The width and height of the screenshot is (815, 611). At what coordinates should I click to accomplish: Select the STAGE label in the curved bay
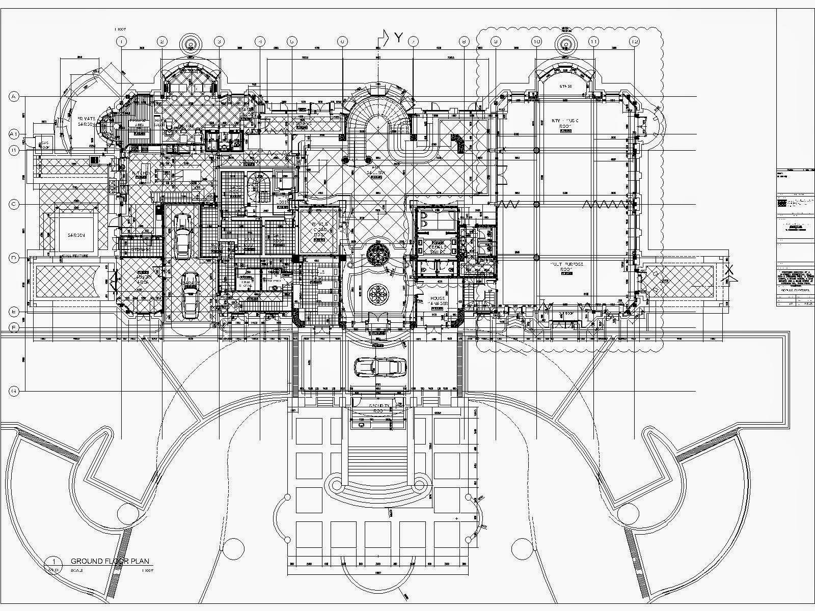click(565, 87)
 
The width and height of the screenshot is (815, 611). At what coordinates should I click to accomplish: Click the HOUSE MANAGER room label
click(438, 301)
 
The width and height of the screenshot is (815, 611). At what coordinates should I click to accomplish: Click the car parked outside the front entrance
click(380, 366)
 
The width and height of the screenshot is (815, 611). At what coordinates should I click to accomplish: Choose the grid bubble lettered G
click(14, 391)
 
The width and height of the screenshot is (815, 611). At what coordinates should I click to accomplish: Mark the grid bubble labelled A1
click(14, 134)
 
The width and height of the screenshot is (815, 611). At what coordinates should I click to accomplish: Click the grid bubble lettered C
click(14, 204)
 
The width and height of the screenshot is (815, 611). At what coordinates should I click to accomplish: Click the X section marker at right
click(729, 270)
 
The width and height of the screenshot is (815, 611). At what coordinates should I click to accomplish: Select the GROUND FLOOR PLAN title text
click(110, 561)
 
